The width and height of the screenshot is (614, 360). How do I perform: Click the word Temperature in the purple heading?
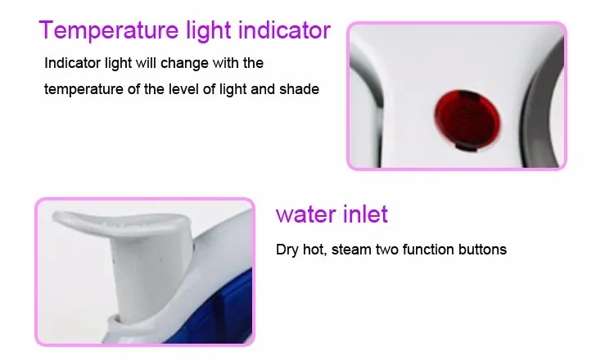[x=109, y=30]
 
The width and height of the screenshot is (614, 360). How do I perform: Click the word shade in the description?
[x=299, y=89]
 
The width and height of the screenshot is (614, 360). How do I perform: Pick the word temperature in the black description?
[x=84, y=90]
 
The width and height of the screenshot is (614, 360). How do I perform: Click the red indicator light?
[x=467, y=119]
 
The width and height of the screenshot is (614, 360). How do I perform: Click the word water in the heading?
[x=306, y=214]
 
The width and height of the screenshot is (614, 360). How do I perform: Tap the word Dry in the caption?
[x=287, y=250]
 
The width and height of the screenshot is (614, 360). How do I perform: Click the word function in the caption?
[x=428, y=250]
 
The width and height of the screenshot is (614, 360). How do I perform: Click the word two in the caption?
[x=387, y=250]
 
